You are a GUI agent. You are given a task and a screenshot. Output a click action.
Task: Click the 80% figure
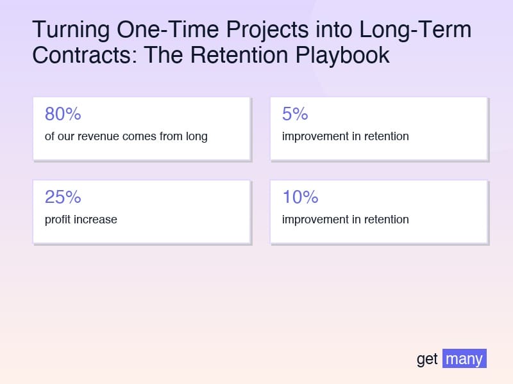pyautogui.click(x=63, y=115)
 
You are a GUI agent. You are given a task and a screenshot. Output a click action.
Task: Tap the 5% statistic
pyautogui.click(x=295, y=115)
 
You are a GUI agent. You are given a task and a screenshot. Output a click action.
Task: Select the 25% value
pyautogui.click(x=63, y=197)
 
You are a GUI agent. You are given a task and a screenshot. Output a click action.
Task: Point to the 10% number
pyautogui.click(x=300, y=197)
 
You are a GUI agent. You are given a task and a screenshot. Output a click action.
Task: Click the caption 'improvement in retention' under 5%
pyautogui.click(x=345, y=136)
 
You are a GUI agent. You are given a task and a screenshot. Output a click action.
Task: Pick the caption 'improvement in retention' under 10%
pyautogui.click(x=345, y=220)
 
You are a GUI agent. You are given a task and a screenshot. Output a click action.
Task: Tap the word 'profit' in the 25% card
pyautogui.click(x=58, y=220)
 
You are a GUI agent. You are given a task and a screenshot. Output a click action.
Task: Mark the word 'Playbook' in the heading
pyautogui.click(x=342, y=55)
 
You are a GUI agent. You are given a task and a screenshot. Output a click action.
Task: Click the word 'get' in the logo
pyautogui.click(x=427, y=359)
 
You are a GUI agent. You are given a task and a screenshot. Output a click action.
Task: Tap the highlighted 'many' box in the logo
pyautogui.click(x=464, y=358)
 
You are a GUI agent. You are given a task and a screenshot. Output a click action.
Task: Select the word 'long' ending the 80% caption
pyautogui.click(x=194, y=136)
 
